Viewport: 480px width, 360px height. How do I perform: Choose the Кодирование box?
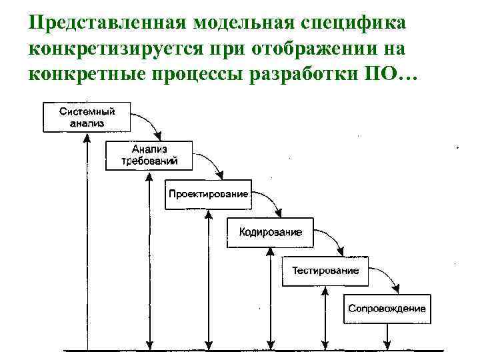pos(270,233)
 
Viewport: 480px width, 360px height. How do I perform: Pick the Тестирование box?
pos(325,271)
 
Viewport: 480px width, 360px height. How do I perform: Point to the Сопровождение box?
pos(387,309)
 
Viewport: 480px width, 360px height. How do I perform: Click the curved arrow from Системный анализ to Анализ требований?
pos(148,123)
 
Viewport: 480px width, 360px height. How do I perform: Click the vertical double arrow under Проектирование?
pos(209,280)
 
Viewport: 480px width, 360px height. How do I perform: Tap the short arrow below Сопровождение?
pos(387,337)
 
